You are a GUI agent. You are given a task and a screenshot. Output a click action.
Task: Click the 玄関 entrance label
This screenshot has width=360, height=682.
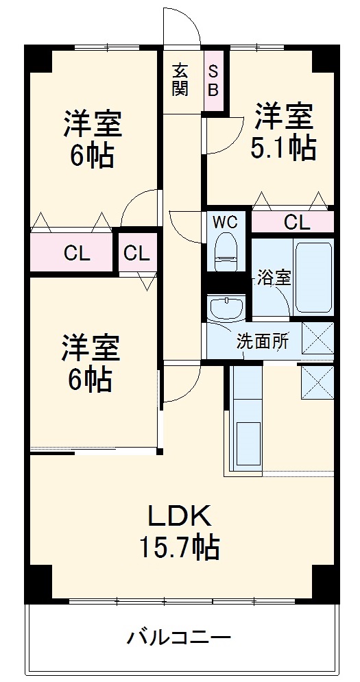pos(180,79)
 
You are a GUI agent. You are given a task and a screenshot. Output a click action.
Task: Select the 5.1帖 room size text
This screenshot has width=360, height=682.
pos(283,147)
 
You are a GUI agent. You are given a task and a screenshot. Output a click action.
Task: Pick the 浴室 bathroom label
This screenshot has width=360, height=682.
pos(274,278)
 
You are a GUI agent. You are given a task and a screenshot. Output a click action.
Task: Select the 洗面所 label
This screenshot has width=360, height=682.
pos(263,341)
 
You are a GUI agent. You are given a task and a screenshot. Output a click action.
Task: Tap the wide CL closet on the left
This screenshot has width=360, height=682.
pos(71,253)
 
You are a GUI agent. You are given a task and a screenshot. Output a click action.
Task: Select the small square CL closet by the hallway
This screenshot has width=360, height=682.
pos(136,253)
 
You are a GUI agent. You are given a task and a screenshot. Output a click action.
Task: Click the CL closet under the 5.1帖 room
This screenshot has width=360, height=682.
pos(296,222)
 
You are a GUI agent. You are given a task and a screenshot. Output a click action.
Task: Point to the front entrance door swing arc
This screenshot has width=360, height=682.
pos(182,27)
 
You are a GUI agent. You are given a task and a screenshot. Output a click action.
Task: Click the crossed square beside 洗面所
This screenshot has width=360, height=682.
pos(317,337)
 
